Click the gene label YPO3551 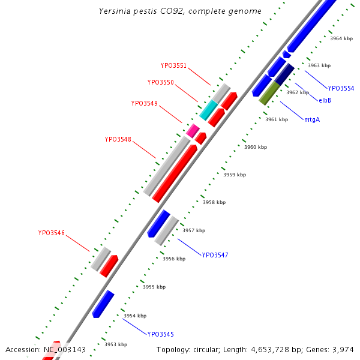click(173, 66)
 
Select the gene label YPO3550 click(160, 83)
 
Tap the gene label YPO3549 click(144, 103)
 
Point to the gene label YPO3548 click(118, 139)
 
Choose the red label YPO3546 click(51, 233)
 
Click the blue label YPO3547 click(215, 255)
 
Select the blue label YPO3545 click(160, 334)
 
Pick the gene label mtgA click(311, 119)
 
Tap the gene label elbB click(325, 100)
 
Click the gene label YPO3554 click(341, 88)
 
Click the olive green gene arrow click(269, 93)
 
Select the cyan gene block click(209, 109)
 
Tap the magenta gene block click(193, 130)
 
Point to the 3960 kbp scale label click(256, 147)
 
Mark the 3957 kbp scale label click(194, 230)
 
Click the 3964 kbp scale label click(341, 38)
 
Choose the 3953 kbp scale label click(115, 344)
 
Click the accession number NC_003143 click(64, 350)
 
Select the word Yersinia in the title click(115, 11)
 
